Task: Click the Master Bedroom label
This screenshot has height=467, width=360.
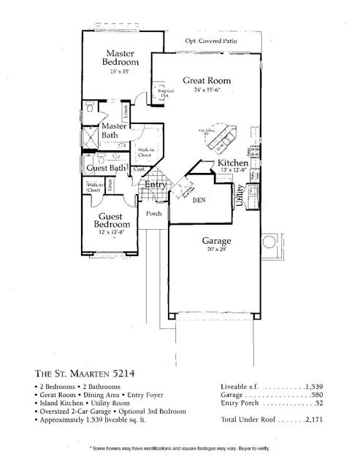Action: pos(118,58)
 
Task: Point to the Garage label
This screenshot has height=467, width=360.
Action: pos(217,240)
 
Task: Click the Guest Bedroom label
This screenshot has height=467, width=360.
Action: pos(115,220)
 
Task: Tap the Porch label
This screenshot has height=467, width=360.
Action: pos(154,214)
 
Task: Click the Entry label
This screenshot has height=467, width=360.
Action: pos(156,185)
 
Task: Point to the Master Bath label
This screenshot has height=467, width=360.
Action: pos(114,130)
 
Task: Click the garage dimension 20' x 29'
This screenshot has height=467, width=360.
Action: pos(217,249)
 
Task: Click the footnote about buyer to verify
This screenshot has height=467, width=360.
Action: pos(180,447)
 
